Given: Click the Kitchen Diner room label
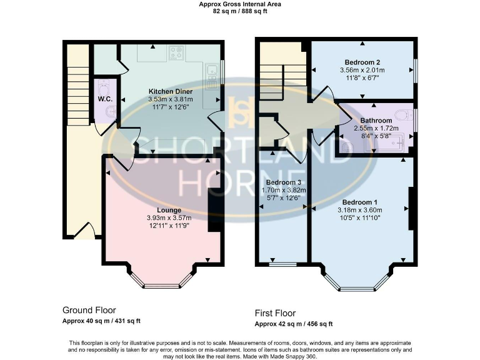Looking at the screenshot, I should pyautogui.click(x=170, y=91).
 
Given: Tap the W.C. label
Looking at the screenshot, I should pyautogui.click(x=104, y=99).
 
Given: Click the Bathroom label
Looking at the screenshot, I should pyautogui.click(x=376, y=121).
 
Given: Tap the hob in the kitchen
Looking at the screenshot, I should pyautogui.click(x=176, y=53).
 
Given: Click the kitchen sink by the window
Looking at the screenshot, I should pyautogui.click(x=212, y=74).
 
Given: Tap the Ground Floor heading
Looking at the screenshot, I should pyautogui.click(x=89, y=310).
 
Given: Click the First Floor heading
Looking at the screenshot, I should pyautogui.click(x=275, y=313).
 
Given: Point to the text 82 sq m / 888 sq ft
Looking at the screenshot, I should pyautogui.click(x=239, y=11).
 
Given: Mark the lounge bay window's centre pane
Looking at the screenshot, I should pyautogui.click(x=161, y=287).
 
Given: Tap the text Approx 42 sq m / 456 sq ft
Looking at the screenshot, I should pyautogui.click(x=294, y=324).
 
